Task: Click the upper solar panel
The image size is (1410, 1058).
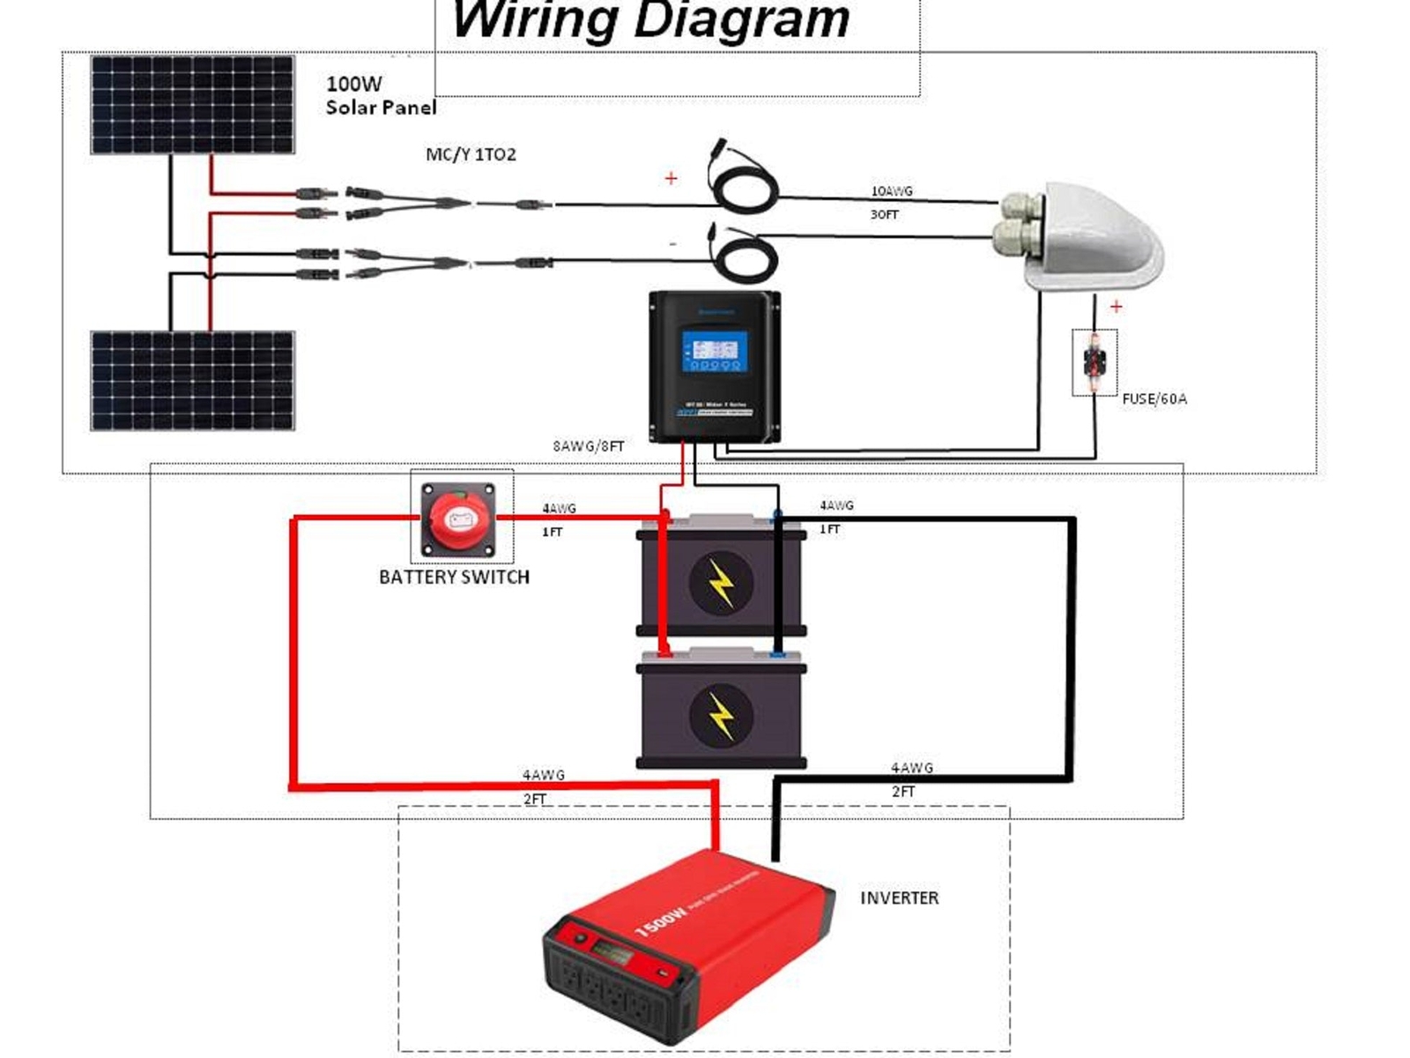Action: [x=192, y=104]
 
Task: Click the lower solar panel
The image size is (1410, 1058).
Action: [x=192, y=381]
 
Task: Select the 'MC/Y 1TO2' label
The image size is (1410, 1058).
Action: [x=471, y=154]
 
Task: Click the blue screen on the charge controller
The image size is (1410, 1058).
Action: [x=714, y=351]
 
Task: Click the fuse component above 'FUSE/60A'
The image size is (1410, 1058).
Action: [x=1095, y=361]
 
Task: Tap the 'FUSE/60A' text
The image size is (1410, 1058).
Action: [x=1154, y=399]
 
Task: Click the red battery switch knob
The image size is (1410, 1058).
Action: [x=459, y=519]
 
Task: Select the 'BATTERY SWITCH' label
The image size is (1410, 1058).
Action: [x=454, y=577]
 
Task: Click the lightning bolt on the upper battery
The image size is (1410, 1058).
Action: [x=721, y=582]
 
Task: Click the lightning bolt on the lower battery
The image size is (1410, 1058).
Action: [x=721, y=714]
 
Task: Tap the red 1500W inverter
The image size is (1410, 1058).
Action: [x=687, y=948]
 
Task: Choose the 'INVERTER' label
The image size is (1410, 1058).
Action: [x=899, y=898]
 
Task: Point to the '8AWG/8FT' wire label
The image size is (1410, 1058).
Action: [x=588, y=446]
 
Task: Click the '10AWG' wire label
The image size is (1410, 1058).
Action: [x=891, y=190]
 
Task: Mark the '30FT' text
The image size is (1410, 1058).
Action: [x=884, y=214]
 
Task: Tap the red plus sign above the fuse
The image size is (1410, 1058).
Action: [x=1116, y=306]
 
